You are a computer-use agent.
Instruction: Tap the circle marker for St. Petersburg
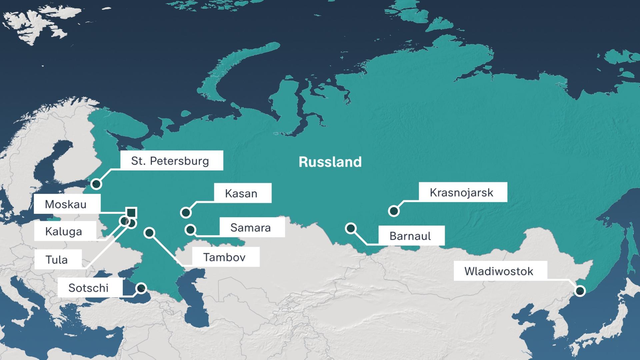[x=96, y=184]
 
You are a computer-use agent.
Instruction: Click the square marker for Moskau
[x=131, y=212]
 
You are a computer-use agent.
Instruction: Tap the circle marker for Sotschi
[x=141, y=288]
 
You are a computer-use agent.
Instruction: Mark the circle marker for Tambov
[x=150, y=232]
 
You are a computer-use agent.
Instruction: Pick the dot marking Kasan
[x=186, y=212]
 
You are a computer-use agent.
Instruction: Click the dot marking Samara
[x=190, y=229]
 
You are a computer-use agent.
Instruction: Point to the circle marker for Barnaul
[x=351, y=228]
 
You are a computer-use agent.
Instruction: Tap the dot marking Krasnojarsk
[x=394, y=211]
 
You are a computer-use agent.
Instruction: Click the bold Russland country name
[x=330, y=162]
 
